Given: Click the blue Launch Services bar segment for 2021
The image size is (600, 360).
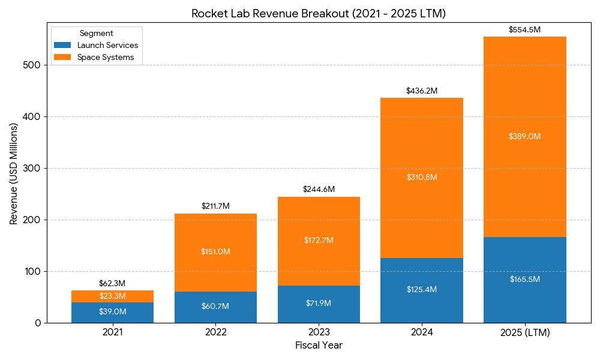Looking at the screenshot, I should point(112,313).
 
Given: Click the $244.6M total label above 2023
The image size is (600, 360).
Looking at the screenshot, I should point(319,190).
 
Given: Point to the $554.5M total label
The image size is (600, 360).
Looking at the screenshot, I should point(525,29).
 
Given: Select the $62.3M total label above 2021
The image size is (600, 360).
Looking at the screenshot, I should point(112,283).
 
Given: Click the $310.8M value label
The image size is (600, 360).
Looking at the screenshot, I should point(422,178).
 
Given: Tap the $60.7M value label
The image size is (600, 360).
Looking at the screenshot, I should point(215,307).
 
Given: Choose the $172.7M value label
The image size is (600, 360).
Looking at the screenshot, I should point(319,241).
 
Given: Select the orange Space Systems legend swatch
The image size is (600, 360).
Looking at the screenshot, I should point(62,58).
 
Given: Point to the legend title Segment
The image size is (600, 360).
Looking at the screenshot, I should point(96,34).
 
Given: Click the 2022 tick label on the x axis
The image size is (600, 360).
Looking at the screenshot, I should point(215,332).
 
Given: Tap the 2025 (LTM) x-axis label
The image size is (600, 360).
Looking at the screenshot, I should point(525,332).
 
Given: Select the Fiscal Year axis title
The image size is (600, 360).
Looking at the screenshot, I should point(319,346).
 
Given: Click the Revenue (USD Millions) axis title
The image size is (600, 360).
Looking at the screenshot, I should point(14,175).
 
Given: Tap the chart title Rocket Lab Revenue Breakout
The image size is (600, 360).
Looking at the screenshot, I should point(319,14).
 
